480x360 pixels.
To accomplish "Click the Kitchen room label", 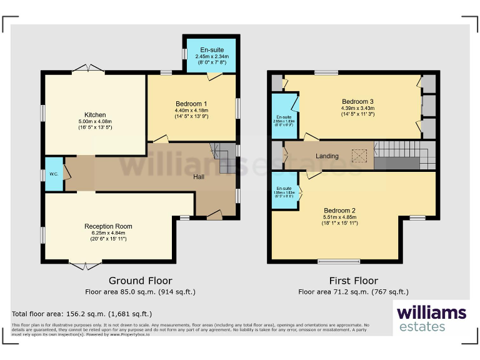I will coord(95,115).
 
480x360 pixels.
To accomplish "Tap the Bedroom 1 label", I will coord(191,104).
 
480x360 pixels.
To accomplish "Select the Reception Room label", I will coord(108,226).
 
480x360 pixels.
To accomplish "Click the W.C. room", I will coord(53,174).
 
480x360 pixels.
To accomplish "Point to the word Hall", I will coord(198,177).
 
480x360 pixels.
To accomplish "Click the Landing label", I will coord(327,156).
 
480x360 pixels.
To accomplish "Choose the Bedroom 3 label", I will coord(357,102).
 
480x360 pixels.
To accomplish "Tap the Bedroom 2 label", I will coord(340,211).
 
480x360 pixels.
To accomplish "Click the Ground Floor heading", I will coord(140,281).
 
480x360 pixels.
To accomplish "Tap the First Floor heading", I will coord(353,281).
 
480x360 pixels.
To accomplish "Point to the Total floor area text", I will coord(81,314).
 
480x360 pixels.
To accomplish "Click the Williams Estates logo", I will coord(431,317).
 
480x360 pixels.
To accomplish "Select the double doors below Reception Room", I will coord(84,266).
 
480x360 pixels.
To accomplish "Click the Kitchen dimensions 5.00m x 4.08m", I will coord(95,122).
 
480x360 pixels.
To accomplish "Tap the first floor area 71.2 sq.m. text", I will coord(353,291).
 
